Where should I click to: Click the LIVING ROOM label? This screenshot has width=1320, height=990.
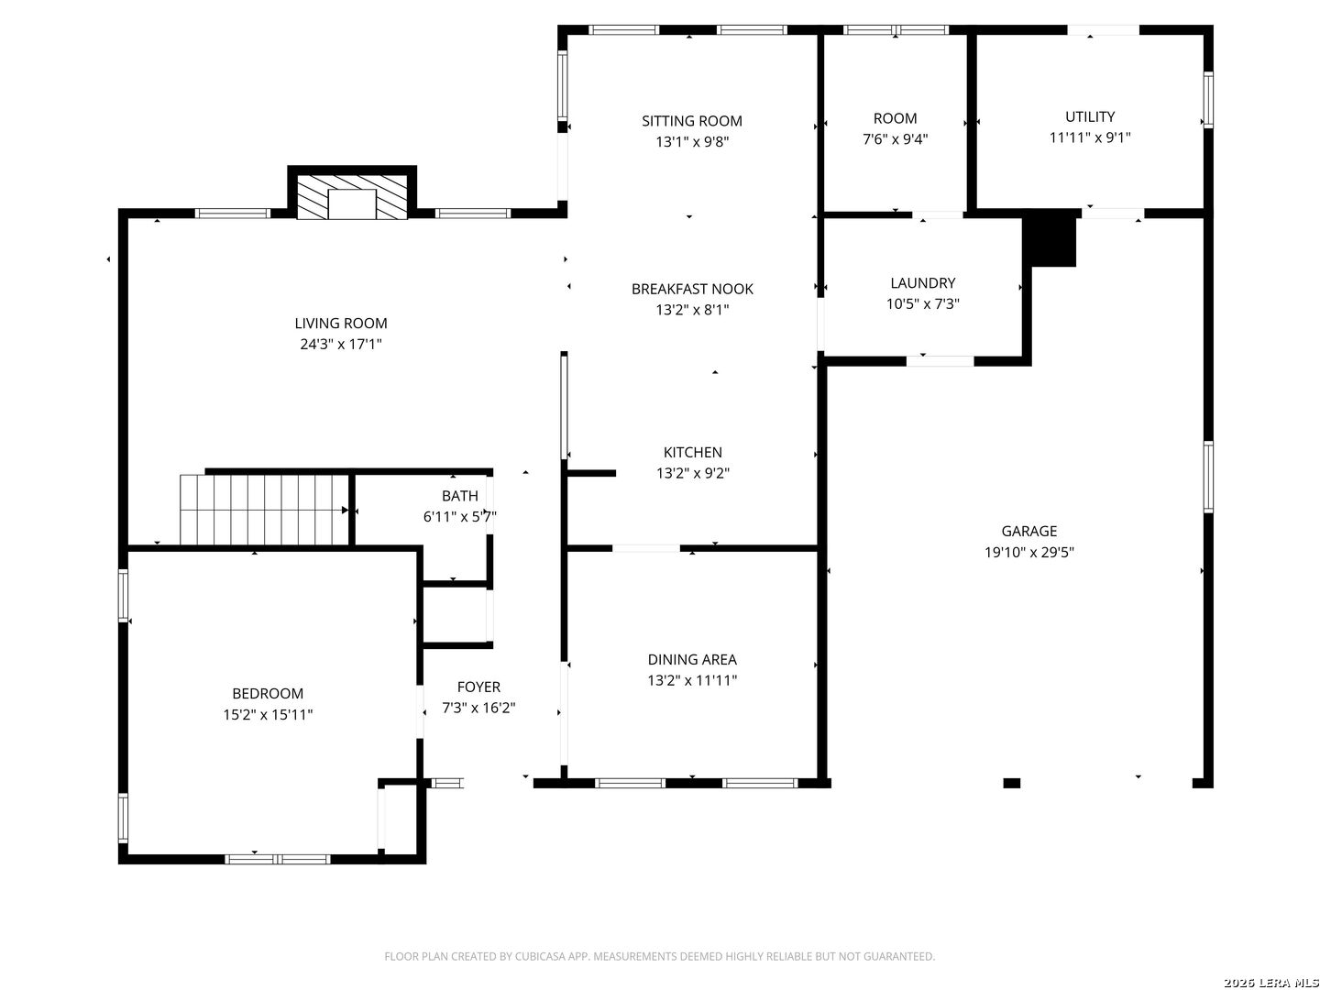pos(341,324)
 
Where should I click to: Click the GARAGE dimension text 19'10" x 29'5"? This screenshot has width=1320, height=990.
pos(1028,553)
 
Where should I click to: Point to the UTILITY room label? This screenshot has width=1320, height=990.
pos(1090,117)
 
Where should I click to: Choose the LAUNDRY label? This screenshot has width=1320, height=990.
pos(922,283)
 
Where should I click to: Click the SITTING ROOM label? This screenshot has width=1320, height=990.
pos(691,121)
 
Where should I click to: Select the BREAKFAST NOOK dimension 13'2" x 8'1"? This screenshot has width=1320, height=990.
pos(692,310)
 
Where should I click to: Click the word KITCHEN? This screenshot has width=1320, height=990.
pos(692,452)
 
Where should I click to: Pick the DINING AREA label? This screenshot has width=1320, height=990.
pos(691,659)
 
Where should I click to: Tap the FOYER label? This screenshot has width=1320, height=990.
pos(478,687)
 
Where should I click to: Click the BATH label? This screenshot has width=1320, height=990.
pos(459,496)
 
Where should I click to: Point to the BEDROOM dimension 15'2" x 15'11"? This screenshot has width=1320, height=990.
pos(268,715)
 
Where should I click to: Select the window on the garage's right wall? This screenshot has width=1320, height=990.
pos(1208,477)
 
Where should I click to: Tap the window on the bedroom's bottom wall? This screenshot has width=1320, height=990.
pos(278,859)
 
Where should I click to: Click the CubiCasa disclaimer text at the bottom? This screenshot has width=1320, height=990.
pos(659,956)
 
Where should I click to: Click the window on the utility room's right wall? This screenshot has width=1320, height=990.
pos(1208,100)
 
